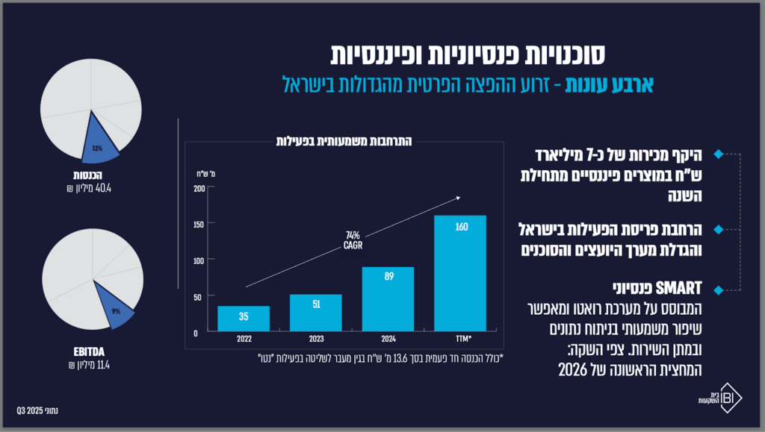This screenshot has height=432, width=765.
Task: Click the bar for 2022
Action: [x=244, y=318]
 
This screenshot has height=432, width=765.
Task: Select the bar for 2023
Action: [x=315, y=312]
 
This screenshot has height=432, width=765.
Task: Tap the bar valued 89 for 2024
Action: [x=388, y=298]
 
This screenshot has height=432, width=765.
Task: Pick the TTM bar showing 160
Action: [x=460, y=272]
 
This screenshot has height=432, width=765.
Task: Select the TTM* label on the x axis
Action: [x=461, y=339]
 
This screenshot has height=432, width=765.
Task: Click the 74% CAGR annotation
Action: [x=353, y=240]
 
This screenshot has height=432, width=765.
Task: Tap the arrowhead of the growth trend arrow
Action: [x=459, y=198]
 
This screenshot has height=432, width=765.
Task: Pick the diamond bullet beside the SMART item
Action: [x=719, y=289]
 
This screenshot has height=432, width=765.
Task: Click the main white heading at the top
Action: [x=468, y=54]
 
